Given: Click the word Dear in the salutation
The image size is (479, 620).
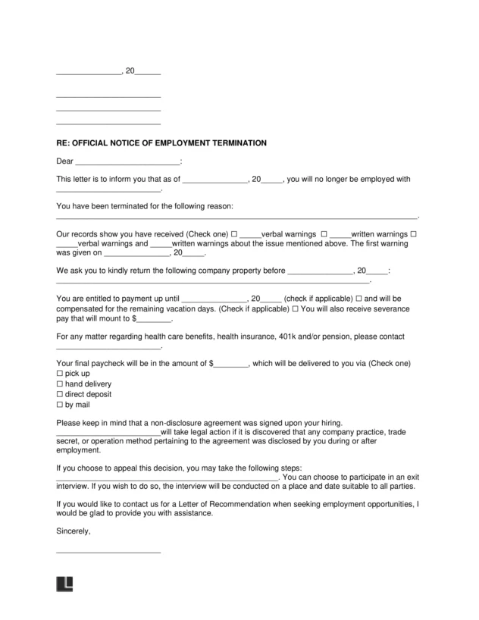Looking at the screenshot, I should tap(65, 161).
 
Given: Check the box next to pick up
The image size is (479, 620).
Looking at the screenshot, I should tap(60, 374).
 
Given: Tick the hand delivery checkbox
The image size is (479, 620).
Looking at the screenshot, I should tap(60, 384).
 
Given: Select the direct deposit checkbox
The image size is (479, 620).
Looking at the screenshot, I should tap(60, 395).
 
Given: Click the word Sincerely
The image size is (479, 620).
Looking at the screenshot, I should tap(74, 531).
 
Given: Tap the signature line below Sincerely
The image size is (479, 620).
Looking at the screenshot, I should tap(108, 551).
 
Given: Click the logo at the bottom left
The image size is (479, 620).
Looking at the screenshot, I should tap(64, 584).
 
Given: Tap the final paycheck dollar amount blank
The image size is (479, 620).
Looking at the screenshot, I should tap(230, 364).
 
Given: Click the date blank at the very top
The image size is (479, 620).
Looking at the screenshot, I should tap(89, 72).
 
